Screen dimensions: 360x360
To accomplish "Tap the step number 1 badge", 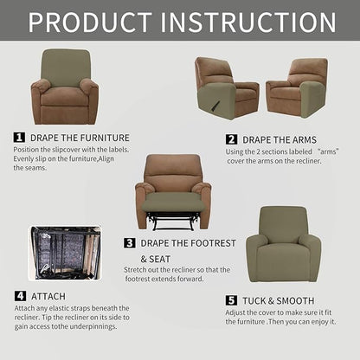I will point(19,137).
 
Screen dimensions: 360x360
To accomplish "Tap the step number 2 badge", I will point(232,139).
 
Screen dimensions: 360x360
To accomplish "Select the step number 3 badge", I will point(130,243).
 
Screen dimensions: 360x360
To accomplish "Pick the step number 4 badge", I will point(19,296).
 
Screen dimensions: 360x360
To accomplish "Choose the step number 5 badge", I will point(231,300).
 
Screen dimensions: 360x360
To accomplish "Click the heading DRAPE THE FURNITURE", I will point(80,137).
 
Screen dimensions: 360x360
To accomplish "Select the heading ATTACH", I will point(50,296).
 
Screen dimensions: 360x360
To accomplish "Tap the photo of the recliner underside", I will point(65,255).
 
